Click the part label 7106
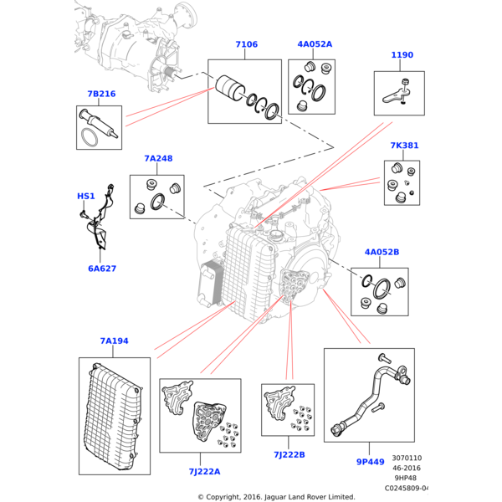click(246, 44)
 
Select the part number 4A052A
click(314, 44)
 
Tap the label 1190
click(402, 55)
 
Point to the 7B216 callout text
click(100, 94)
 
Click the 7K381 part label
click(404, 146)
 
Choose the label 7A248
click(157, 159)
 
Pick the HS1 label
click(86, 196)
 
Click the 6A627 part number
click(102, 269)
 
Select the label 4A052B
click(382, 252)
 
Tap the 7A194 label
click(114, 341)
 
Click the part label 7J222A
click(204, 471)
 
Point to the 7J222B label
click(289, 454)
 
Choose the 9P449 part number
click(371, 460)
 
